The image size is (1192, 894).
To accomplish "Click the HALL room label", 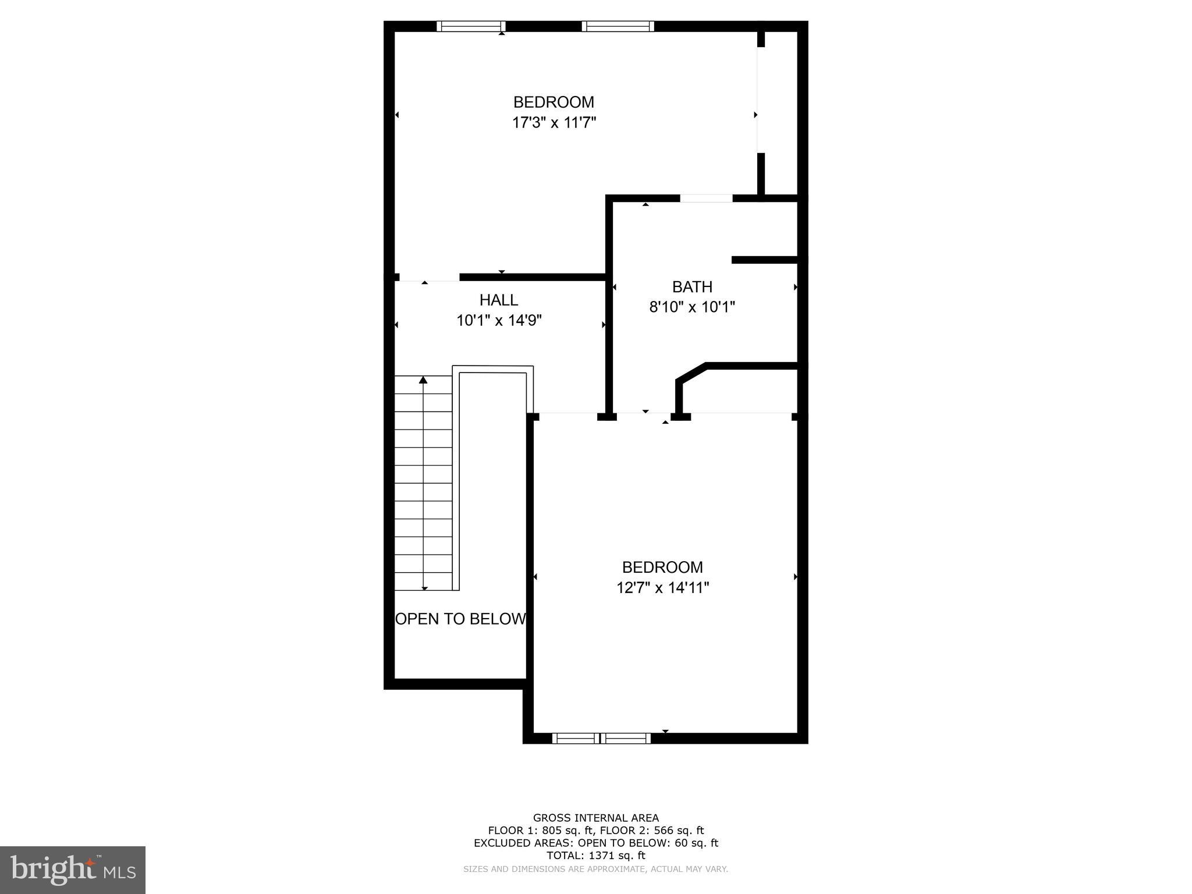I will pos(499,300).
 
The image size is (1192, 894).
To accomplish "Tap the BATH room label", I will pos(692,287).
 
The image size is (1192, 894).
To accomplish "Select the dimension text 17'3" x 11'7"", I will pos(554,123).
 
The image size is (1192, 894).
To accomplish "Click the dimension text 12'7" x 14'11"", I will pos(662,588).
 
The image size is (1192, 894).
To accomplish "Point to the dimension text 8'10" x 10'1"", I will pos(692,307).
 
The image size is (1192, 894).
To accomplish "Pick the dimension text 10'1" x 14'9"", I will pos(499,320).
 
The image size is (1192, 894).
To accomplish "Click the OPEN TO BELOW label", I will pos(460,619).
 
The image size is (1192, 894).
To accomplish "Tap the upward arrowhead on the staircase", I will pos(423,380).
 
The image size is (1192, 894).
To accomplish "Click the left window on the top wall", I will pos(470,26).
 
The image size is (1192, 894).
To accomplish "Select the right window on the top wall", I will pos(618,26).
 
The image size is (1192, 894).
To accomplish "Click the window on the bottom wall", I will pos(601,739).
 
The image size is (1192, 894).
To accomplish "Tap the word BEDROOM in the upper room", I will pos(554,102).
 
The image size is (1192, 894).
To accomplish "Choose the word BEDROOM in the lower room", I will pos(662,567).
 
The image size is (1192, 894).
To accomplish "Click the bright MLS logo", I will pos(73,870).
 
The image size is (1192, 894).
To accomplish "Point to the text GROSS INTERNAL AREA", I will pos(596,818).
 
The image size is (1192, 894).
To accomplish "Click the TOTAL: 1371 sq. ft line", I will pos(596,856).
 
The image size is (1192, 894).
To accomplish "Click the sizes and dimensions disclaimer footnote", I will pos(595,869).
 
